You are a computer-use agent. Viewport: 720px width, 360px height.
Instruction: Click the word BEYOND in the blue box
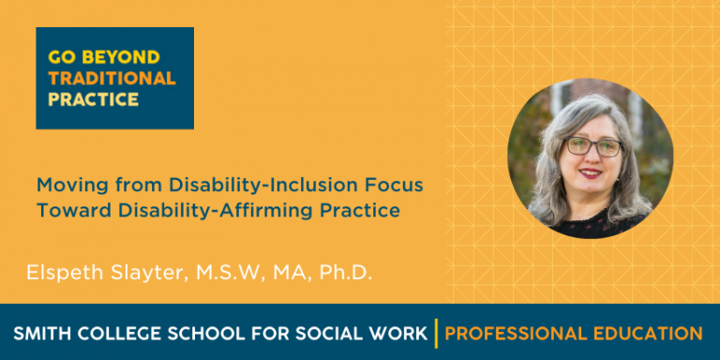[131, 56]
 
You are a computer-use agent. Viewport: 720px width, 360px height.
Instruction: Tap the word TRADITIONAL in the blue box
[112, 78]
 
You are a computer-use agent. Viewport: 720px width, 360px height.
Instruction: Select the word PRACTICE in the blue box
[93, 98]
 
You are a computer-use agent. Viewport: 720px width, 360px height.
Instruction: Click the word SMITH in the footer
[40, 333]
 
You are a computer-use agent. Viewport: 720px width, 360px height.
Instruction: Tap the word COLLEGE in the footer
[117, 333]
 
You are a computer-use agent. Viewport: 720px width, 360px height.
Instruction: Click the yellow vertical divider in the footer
[436, 333]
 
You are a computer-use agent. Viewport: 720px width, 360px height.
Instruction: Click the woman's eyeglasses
[592, 146]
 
